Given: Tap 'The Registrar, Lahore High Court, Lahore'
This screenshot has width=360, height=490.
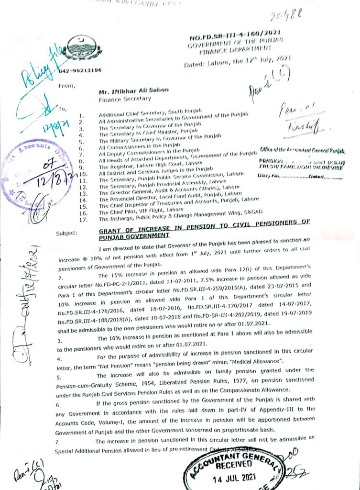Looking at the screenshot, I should tap(147, 164).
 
